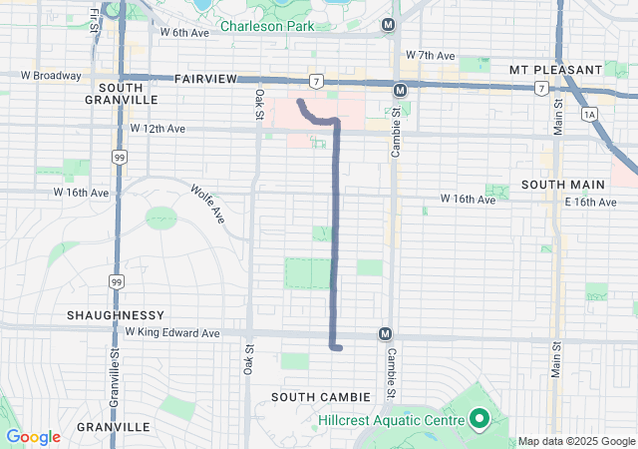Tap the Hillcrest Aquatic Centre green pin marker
[478, 419]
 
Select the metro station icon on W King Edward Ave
[385, 333]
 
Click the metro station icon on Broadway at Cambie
[400, 90]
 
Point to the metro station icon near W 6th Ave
[389, 24]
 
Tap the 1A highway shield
[589, 115]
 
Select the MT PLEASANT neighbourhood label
[555, 69]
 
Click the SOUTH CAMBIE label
[320, 397]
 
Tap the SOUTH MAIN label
[562, 185]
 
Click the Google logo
[33, 437]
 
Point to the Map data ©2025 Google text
[575, 441]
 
